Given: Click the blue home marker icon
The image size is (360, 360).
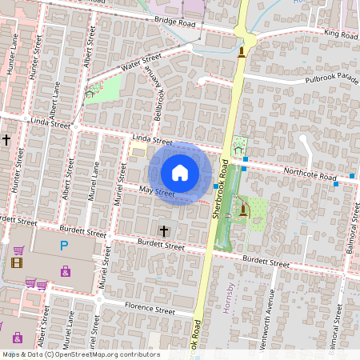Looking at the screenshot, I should [180, 172].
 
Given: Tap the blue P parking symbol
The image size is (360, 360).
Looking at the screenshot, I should [64, 245].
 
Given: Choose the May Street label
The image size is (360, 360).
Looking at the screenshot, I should [156, 191].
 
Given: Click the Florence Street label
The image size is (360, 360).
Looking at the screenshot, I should [150, 310].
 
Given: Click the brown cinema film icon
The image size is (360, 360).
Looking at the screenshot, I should [18, 261].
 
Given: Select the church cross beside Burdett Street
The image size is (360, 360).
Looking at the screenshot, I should [164, 230].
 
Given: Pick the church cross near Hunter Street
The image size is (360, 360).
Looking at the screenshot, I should [6, 139].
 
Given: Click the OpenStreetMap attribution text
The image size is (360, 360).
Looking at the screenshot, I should [80, 354].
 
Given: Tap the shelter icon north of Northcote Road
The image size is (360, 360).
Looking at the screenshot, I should [238, 149].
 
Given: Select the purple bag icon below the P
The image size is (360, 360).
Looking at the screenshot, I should [65, 271].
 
